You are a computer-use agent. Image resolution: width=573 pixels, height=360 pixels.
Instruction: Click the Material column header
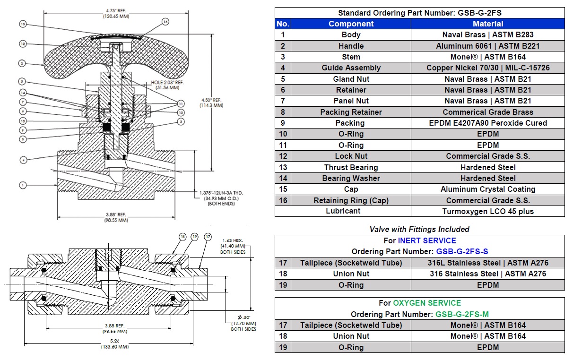tap(487, 24)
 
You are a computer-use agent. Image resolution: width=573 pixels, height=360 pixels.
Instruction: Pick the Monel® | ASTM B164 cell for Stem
tap(487, 57)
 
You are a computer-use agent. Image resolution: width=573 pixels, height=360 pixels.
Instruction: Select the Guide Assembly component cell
tap(351, 68)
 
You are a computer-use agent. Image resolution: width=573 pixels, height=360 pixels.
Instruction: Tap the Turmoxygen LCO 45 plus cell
tap(487, 211)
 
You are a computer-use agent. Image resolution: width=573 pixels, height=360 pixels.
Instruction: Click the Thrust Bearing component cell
tap(351, 167)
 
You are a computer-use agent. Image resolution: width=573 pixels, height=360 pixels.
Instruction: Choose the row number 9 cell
tap(283, 123)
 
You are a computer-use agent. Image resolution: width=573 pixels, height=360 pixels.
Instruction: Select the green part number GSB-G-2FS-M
tap(462, 314)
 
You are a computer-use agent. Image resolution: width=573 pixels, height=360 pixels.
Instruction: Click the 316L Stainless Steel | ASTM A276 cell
tap(487, 263)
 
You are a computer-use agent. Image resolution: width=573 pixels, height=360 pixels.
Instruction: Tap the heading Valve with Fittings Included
tap(419, 229)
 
